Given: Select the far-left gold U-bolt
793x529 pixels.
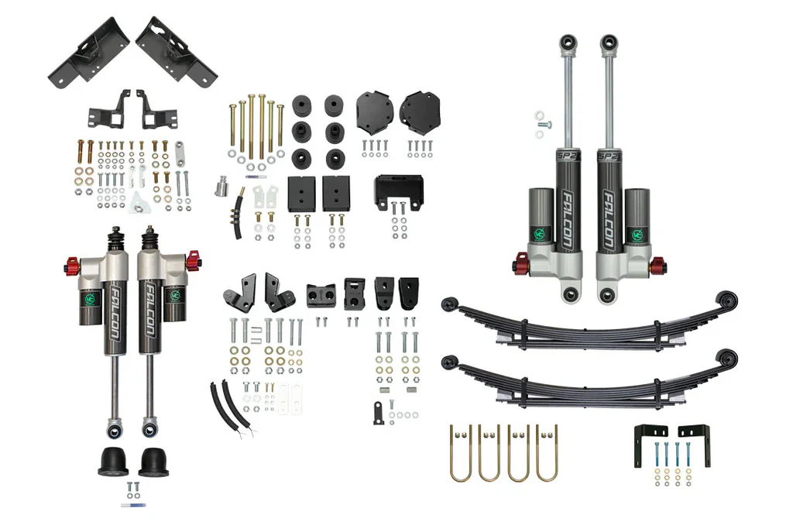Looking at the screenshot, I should pyautogui.click(x=461, y=452).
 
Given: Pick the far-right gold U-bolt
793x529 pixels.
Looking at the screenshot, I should pyautogui.click(x=547, y=452).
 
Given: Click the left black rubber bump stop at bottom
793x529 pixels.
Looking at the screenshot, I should pyautogui.click(x=114, y=462).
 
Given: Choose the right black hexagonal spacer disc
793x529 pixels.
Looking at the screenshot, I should pyautogui.click(x=420, y=113).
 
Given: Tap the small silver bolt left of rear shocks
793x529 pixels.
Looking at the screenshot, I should pyautogui.click(x=541, y=124).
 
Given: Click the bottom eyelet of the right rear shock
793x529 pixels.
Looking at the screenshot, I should pyautogui.click(x=608, y=294).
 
